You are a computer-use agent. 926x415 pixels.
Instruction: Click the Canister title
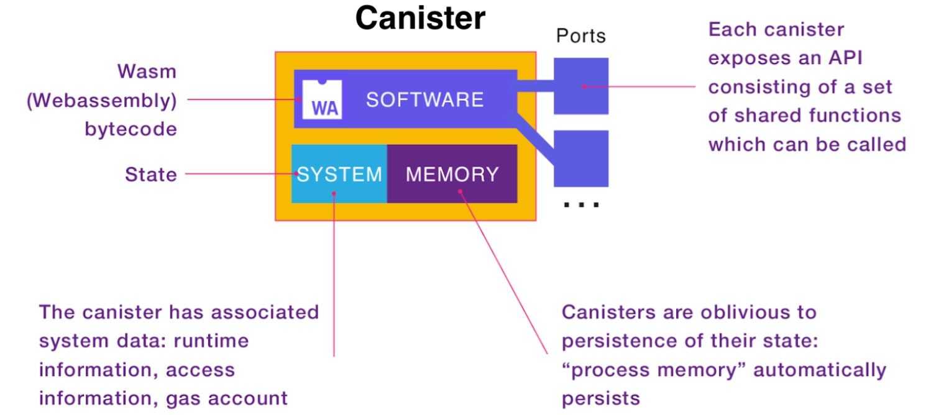coord(420,18)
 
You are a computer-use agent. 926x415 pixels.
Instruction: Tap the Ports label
coord(580,36)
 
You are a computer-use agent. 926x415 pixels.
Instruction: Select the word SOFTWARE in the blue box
coord(424,99)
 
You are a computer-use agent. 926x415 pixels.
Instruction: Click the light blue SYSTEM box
coord(339,174)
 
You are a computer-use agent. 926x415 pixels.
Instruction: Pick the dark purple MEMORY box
coord(452,174)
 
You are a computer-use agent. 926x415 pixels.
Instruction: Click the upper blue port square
coord(580,86)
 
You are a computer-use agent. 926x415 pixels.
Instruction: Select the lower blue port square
coord(580,159)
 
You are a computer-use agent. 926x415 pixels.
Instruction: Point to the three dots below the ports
coord(580,204)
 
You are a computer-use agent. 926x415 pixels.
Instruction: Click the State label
coord(151,175)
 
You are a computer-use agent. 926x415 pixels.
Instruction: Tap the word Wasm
coord(147,71)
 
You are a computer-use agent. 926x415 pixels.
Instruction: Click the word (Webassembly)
coord(101,100)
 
